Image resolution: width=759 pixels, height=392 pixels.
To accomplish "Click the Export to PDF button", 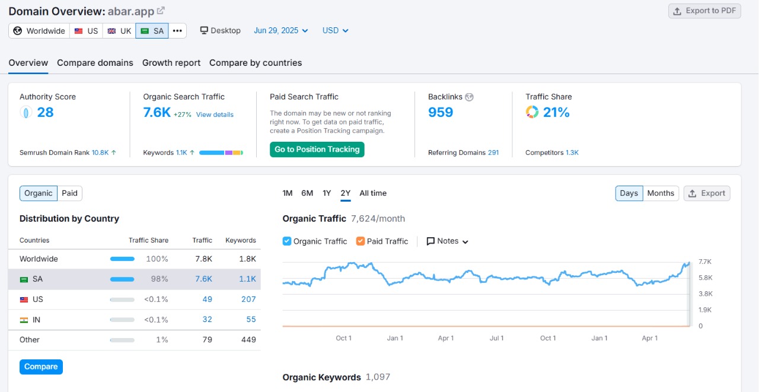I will pyautogui.click(x=704, y=11).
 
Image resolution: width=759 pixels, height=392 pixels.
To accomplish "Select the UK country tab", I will pyautogui.click(x=119, y=31).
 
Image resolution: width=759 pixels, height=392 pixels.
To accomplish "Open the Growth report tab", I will pyautogui.click(x=171, y=63).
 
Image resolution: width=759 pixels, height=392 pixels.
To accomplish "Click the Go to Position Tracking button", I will pyautogui.click(x=317, y=149).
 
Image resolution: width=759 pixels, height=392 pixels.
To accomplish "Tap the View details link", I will pyautogui.click(x=215, y=114).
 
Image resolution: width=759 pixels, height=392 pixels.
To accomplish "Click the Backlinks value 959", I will pyautogui.click(x=441, y=113).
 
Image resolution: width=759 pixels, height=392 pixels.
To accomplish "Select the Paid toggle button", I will pyautogui.click(x=70, y=193).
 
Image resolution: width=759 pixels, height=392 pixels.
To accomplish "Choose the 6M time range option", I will pyautogui.click(x=307, y=193).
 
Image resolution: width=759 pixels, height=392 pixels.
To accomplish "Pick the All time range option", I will pyautogui.click(x=373, y=193).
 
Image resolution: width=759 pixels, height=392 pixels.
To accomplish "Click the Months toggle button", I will pyautogui.click(x=661, y=193).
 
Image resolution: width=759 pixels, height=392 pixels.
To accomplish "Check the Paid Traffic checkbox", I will pyautogui.click(x=361, y=241).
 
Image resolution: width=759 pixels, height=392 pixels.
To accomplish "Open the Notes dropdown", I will pyautogui.click(x=448, y=241).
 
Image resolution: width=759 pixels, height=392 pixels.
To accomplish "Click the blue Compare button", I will pyautogui.click(x=41, y=366).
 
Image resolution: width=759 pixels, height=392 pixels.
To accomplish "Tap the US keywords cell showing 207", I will pyautogui.click(x=248, y=299).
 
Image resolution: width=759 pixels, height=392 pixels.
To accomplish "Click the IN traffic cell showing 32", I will pyautogui.click(x=207, y=319).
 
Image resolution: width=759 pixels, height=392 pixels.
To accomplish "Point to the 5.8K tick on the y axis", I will pyautogui.click(x=705, y=278).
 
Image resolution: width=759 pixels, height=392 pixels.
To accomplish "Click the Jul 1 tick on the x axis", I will pyautogui.click(x=497, y=338).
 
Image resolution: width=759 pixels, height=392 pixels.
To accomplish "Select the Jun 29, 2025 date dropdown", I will pyautogui.click(x=281, y=31).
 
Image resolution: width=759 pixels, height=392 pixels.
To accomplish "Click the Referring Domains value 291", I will pyautogui.click(x=493, y=152).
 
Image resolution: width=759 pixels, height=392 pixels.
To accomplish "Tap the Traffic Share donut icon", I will pyautogui.click(x=532, y=112).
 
